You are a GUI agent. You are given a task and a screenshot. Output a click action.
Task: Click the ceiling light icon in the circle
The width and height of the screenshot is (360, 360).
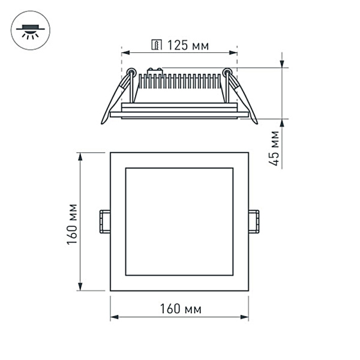pyautogui.click(x=31, y=31)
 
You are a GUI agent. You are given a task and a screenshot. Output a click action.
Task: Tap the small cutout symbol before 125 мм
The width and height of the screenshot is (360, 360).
pyautogui.click(x=157, y=45)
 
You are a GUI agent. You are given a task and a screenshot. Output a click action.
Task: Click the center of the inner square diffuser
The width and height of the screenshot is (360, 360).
pyautogui.click(x=179, y=221)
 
